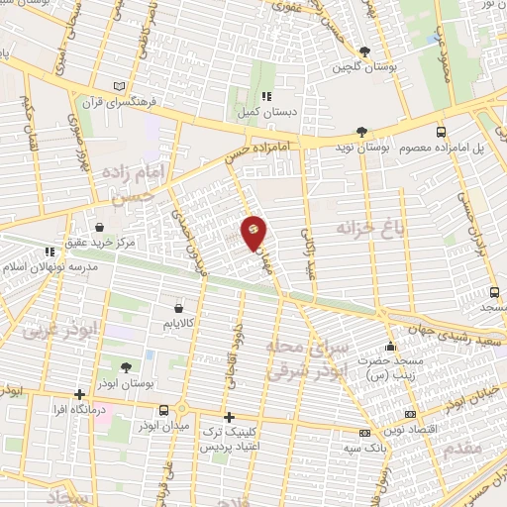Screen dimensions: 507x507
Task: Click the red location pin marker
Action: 253,233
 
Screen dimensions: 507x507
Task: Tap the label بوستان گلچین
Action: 355,66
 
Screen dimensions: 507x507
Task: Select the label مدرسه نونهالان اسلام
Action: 44,268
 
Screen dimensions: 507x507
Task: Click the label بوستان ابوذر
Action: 128,382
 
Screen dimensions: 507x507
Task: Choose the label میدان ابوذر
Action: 182,427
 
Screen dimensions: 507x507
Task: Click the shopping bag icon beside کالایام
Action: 178,307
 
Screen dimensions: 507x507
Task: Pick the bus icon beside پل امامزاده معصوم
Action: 441,131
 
